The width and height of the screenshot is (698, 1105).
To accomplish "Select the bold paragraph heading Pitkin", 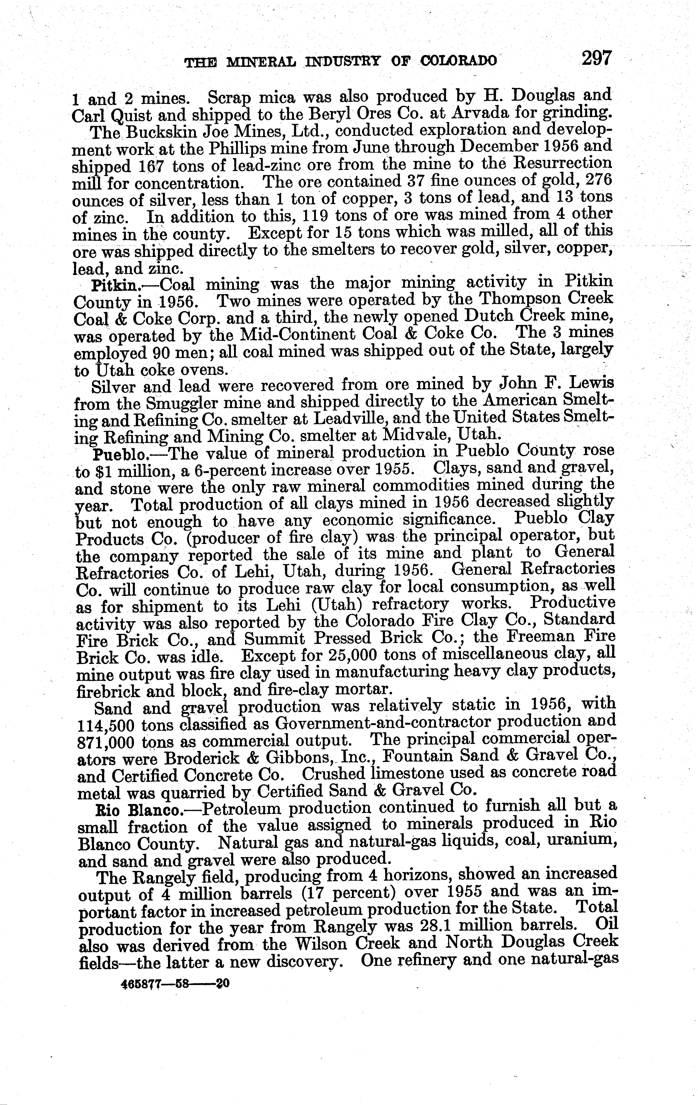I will pyautogui.click(x=115, y=286).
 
